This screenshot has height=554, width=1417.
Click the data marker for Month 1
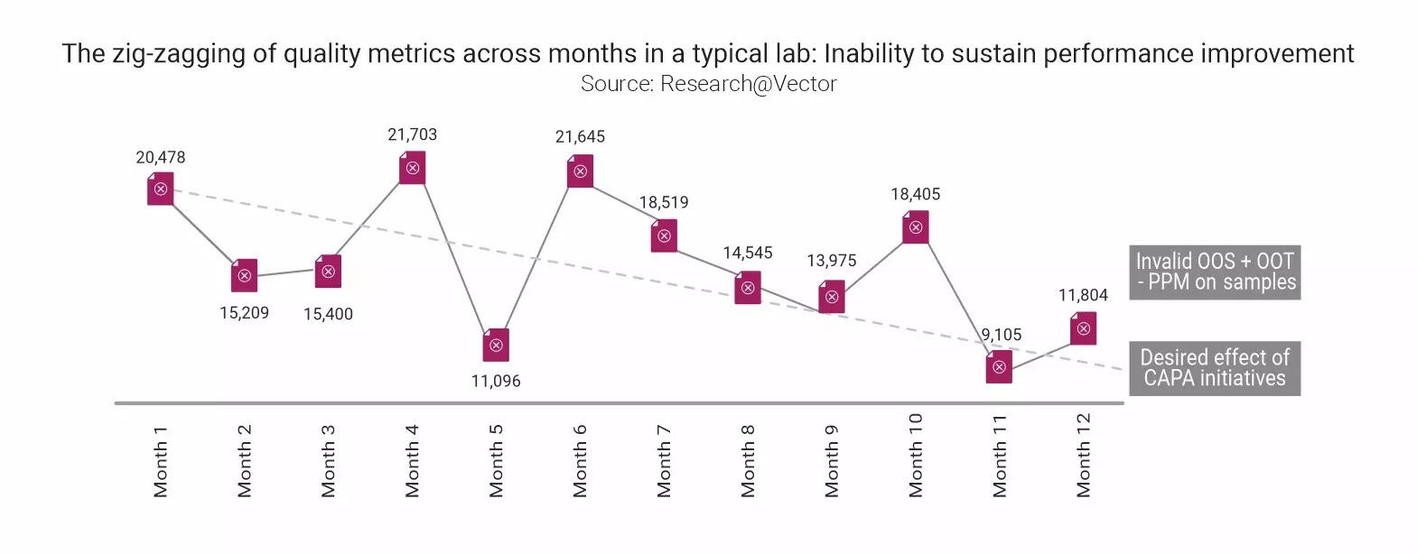click(161, 189)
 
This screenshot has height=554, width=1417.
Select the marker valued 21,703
click(412, 168)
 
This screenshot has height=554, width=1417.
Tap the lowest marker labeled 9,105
click(999, 367)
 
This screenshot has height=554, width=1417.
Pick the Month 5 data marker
click(496, 345)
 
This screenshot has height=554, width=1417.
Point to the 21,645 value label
click(580, 137)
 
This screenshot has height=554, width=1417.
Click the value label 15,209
click(244, 314)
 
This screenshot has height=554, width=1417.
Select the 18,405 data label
click(915, 194)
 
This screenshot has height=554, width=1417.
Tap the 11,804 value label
click(1083, 295)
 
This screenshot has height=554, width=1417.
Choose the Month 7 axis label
click(665, 460)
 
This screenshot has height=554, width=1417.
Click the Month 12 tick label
click(1084, 455)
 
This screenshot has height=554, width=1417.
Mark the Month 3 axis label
click(329, 460)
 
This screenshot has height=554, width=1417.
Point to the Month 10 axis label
click(916, 455)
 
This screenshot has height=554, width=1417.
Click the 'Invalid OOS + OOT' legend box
click(1215, 272)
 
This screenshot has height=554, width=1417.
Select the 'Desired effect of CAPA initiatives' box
click(1215, 367)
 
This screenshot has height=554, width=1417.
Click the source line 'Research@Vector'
click(708, 84)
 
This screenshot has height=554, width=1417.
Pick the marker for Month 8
click(748, 288)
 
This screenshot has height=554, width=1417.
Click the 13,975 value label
click(831, 261)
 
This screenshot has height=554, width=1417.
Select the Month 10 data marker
click(915, 227)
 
